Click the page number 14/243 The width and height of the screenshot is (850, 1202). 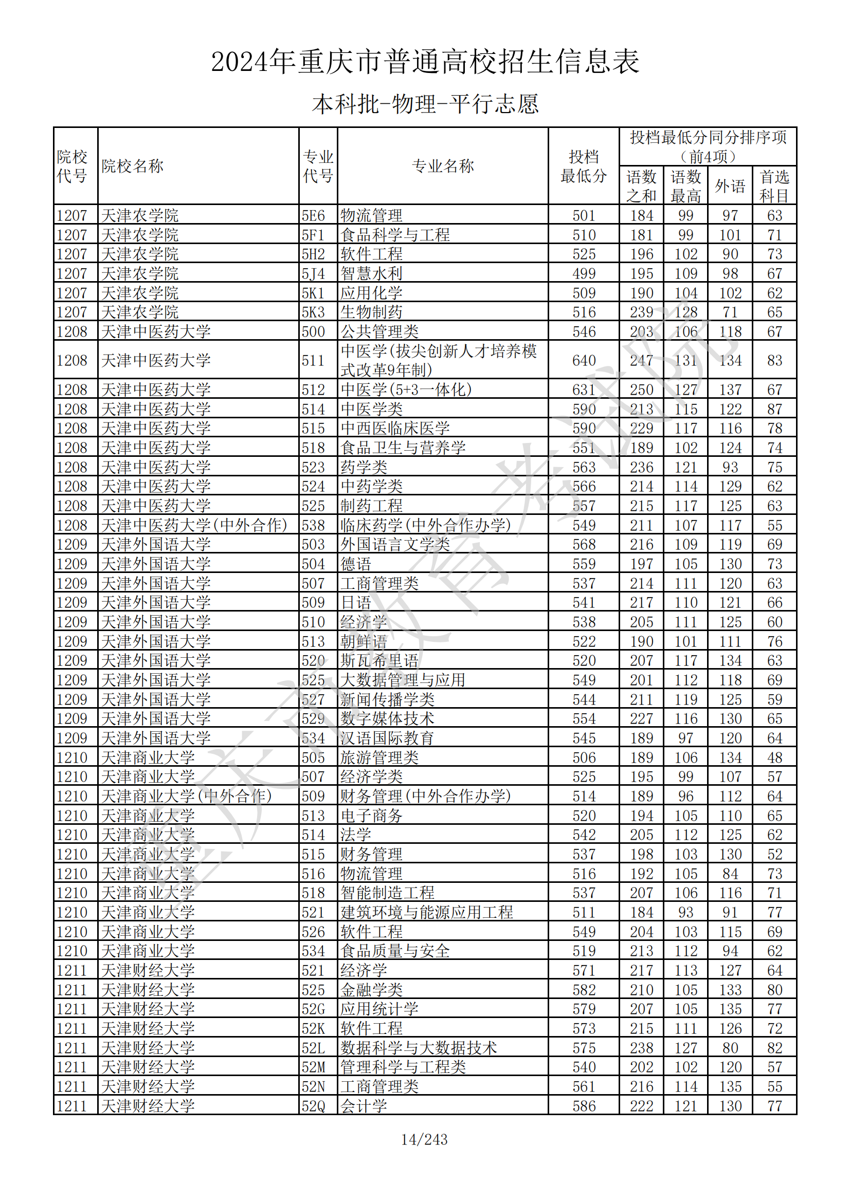click(424, 1139)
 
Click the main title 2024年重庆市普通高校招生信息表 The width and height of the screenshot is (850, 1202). click(425, 62)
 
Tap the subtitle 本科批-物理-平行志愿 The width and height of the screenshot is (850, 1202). click(425, 104)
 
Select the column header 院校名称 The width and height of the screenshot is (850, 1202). click(133, 167)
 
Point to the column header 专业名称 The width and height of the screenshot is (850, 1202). click(443, 167)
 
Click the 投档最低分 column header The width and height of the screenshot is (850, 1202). click(584, 167)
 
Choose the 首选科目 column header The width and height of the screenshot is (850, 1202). click(774, 186)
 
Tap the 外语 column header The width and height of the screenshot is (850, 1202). click(730, 186)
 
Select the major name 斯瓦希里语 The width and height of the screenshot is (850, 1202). click(379, 661)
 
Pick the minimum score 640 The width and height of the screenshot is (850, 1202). click(584, 360)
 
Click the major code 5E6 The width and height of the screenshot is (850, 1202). click(313, 216)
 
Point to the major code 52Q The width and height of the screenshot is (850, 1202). click(313, 1106)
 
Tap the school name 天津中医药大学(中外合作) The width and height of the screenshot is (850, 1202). click(194, 525)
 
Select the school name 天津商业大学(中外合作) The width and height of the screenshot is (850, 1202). click(186, 796)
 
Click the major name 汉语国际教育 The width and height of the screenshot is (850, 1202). click(387, 738)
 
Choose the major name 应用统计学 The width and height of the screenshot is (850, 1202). click(379, 1009)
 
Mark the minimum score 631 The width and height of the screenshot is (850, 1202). click(584, 390)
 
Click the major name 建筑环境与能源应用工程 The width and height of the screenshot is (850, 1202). click(426, 913)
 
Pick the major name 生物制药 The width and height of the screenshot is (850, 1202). click(371, 312)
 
